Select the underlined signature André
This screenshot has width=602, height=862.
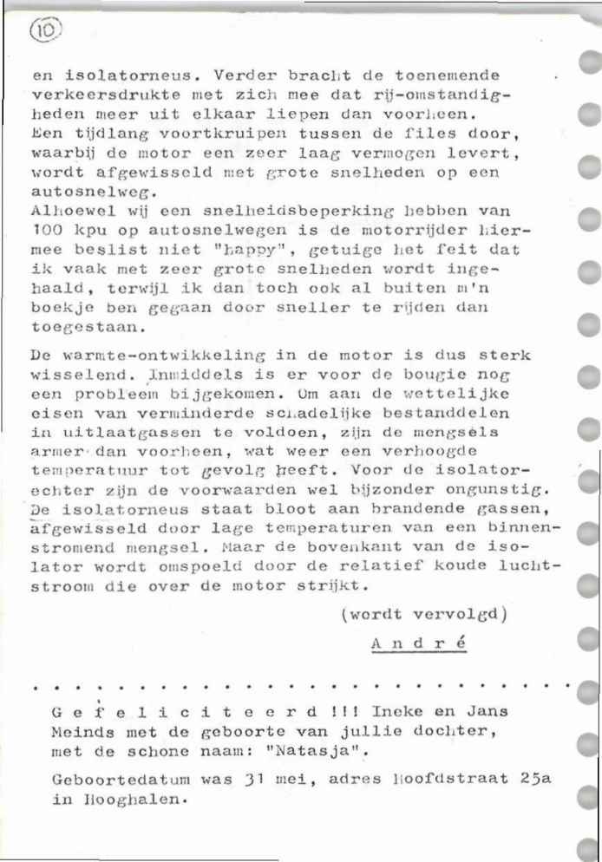418,644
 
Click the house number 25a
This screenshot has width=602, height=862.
534,779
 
